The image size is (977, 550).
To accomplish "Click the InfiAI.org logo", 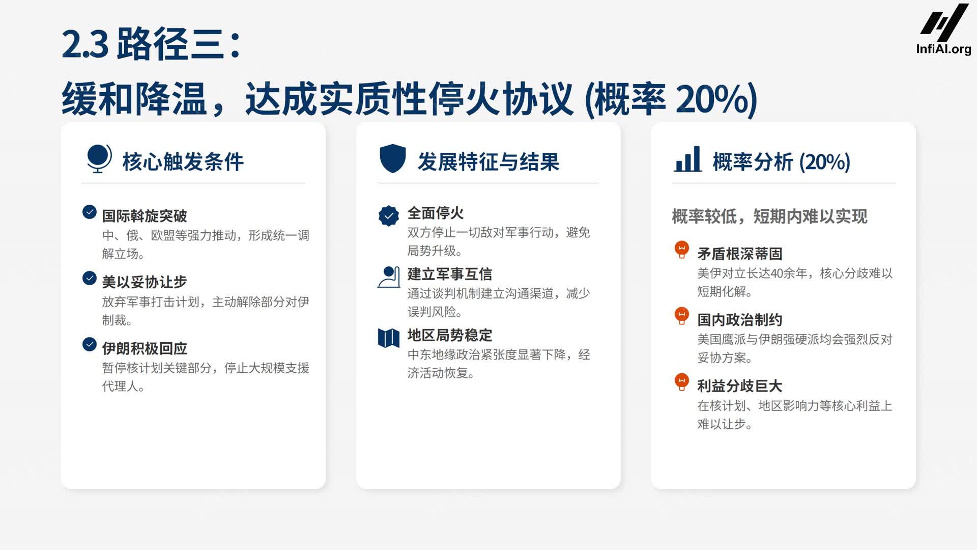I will pos(944,29).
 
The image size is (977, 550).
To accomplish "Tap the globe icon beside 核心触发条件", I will pos(99,158).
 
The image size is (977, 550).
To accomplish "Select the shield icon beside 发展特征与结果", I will pos(392,158).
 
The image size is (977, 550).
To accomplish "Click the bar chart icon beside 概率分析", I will pos(687,159).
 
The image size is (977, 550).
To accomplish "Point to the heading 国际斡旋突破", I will pos(145,216).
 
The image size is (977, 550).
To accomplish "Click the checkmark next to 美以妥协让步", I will pos(90,278).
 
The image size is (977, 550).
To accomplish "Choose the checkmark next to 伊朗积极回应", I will pos(90,344).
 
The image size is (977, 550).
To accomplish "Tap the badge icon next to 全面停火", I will pos(389,216).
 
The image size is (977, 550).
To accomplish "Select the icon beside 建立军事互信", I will pos(389,277).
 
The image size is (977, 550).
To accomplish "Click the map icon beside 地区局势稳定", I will pos(389,338).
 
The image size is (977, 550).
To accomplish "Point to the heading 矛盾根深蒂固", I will pos(739,254).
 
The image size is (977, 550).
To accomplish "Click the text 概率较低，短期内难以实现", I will pos(769,216).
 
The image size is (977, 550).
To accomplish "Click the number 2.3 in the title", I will pos(85,44).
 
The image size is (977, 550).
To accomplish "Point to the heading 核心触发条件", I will pos(183,162).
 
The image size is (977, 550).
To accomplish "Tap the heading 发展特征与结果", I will pos(489,162).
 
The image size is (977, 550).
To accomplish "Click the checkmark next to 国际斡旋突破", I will pos(90,212).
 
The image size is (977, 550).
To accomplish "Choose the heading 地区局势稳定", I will pos(450,335).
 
